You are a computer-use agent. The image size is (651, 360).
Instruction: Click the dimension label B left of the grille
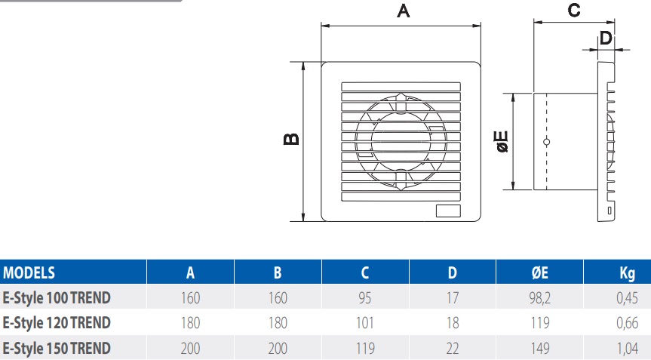(291, 140)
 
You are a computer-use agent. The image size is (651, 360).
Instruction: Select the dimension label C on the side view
(573, 11)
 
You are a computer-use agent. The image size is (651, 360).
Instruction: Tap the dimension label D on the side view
(605, 38)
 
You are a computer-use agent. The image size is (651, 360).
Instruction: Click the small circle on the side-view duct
(547, 142)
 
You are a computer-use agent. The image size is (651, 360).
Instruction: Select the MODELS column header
(29, 273)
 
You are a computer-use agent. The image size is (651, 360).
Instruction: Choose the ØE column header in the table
(539, 273)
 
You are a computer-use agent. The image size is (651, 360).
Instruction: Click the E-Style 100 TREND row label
(57, 298)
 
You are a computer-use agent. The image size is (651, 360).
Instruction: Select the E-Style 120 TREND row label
(57, 323)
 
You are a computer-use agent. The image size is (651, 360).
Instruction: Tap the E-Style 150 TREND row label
(57, 348)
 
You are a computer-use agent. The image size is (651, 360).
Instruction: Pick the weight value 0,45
(627, 298)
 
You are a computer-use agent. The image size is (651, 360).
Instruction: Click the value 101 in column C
(365, 323)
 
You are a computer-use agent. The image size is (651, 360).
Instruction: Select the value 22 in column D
(453, 348)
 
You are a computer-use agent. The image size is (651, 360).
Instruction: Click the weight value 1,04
(627, 348)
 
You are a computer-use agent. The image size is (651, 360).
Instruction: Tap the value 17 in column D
(453, 298)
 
